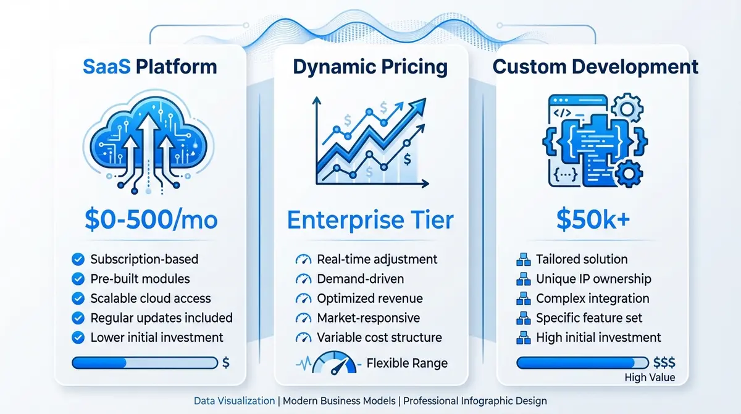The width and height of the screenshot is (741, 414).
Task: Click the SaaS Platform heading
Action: point(151,66)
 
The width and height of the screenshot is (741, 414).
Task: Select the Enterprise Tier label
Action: point(370,219)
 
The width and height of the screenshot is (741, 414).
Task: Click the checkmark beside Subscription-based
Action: point(78,260)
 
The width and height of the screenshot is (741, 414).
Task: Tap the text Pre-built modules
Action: point(140,279)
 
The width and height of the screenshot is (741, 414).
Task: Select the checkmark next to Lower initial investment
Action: point(78,337)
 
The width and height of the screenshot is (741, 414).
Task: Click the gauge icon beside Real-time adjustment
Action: point(303,260)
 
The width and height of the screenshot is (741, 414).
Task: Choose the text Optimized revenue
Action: point(370,298)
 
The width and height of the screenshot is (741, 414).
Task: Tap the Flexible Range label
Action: point(407,363)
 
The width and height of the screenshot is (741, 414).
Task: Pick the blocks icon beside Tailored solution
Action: point(523,260)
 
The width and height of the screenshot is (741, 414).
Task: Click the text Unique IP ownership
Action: point(593,279)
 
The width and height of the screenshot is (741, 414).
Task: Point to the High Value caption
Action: point(650,378)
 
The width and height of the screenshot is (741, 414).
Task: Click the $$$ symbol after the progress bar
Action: point(664,363)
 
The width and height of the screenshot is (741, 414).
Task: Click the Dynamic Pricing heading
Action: point(371,66)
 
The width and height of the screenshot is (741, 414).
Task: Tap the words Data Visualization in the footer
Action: point(234,400)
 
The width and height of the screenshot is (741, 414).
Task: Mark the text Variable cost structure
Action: point(379,337)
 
